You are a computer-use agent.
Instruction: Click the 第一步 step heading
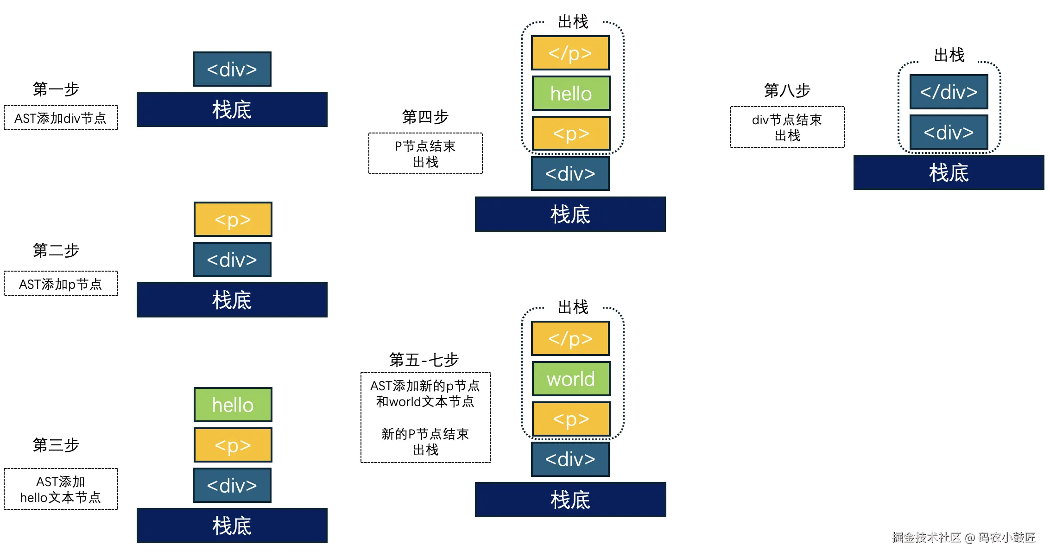point(56,89)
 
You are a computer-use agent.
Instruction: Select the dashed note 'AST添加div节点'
point(61,118)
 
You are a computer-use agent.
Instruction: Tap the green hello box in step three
point(233,405)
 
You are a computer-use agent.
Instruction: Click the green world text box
point(571,379)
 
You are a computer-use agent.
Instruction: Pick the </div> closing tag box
point(949,92)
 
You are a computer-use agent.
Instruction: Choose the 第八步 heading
point(787,90)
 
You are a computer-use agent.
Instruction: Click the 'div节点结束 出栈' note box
point(787,127)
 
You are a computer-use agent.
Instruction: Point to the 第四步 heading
point(425,117)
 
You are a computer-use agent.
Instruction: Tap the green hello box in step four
point(571,93)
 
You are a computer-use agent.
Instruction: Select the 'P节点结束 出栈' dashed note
point(425,154)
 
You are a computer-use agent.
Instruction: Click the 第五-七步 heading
point(424,360)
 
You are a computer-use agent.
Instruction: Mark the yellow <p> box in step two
point(233,219)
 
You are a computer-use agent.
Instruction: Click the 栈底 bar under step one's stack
point(232,109)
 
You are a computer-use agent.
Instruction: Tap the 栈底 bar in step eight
point(949,172)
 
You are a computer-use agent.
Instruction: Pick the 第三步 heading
point(56,445)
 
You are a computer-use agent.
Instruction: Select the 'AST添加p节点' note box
point(61,284)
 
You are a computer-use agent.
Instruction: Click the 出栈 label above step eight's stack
point(949,55)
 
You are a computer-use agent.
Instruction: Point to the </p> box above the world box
point(570,338)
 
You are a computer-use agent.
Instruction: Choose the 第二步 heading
point(56,250)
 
